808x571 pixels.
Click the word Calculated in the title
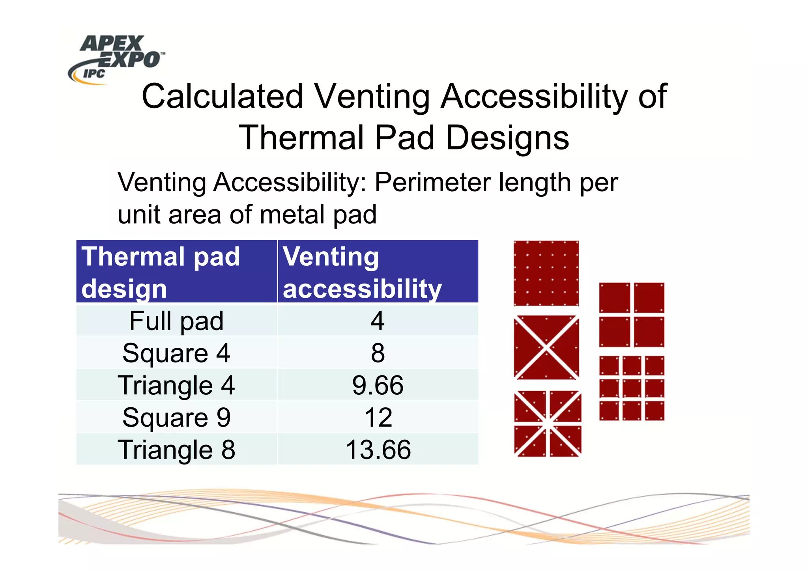(x=222, y=97)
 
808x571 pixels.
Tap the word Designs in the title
(x=507, y=138)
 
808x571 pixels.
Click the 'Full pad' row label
(x=176, y=321)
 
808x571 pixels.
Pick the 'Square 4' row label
(x=176, y=353)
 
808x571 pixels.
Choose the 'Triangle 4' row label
(x=176, y=385)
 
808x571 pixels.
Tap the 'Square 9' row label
(x=176, y=418)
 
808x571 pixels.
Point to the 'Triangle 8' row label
(x=176, y=450)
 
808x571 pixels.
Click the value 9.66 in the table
(x=378, y=385)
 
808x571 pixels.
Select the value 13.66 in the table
(x=378, y=450)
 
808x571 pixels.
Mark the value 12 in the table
(x=378, y=418)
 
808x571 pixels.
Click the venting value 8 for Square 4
(x=378, y=353)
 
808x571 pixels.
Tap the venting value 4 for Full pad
(x=378, y=321)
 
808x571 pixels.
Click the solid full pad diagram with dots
(x=546, y=273)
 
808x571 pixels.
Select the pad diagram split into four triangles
(x=546, y=347)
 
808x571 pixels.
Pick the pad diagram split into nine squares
(x=632, y=388)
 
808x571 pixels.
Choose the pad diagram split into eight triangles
(x=547, y=424)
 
